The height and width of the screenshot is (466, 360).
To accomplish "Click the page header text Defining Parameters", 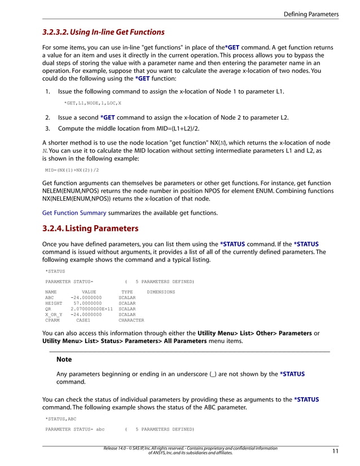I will (311, 14).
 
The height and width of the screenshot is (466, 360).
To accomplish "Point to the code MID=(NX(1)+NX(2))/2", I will (72, 169).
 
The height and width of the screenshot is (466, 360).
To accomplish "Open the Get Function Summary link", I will (74, 213).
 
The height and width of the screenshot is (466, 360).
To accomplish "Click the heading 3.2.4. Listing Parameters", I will (90, 230).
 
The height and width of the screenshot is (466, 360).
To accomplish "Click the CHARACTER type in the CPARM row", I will (131, 320).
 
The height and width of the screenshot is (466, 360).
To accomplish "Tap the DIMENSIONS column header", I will (161, 292).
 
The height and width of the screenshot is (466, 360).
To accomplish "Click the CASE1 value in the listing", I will (83, 320).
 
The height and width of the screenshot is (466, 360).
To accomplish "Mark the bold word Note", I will (64, 359).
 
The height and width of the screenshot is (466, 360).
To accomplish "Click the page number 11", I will (335, 451).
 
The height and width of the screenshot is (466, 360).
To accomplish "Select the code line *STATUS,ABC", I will (60, 419).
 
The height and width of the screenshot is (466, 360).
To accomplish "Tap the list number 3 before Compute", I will (47, 129).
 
